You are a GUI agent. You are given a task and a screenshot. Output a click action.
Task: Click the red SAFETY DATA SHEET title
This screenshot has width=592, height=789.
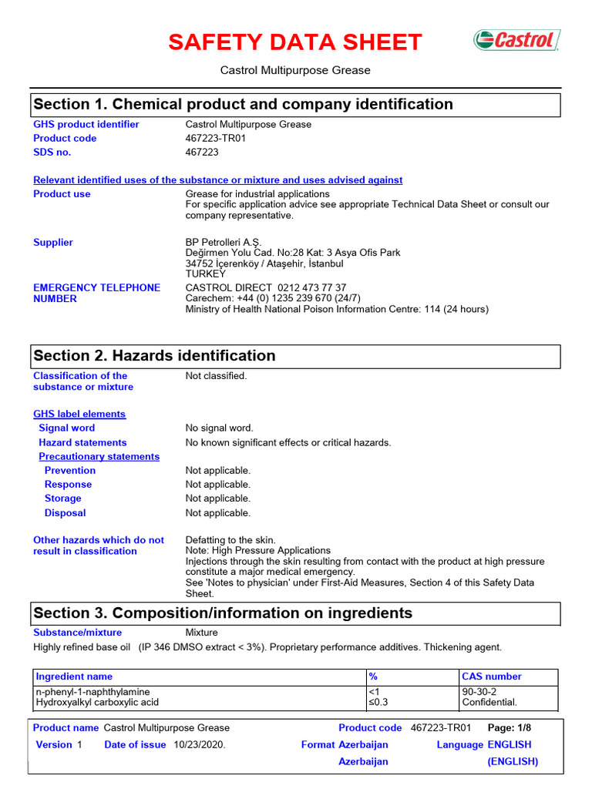tap(295, 42)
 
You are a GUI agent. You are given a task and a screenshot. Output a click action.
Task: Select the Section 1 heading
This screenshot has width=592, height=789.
tap(242, 104)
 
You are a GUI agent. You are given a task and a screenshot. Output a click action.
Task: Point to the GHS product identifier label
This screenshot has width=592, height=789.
tap(86, 124)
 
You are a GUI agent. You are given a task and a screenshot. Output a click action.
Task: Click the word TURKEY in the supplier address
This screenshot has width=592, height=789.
tap(206, 274)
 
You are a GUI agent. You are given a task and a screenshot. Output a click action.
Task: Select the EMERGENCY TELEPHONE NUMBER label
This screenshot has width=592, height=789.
tap(96, 293)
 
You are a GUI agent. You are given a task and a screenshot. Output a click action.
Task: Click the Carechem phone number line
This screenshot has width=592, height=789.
tap(273, 298)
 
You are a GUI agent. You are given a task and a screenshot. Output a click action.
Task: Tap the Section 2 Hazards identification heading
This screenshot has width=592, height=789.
tap(154, 355)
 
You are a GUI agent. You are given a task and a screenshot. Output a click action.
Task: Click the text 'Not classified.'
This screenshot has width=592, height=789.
tap(216, 376)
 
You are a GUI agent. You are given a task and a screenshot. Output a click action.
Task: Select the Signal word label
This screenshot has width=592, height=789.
tap(67, 428)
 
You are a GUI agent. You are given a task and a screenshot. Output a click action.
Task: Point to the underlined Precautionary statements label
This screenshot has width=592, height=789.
tap(99, 456)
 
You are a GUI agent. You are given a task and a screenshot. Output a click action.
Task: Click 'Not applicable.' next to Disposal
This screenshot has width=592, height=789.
tap(217, 513)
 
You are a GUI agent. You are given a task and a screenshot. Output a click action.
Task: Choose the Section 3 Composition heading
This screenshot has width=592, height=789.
tap(223, 613)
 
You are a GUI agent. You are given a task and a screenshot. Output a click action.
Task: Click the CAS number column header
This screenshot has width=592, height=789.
tap(492, 677)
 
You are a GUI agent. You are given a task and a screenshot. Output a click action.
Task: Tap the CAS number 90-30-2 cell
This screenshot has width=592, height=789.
tap(479, 692)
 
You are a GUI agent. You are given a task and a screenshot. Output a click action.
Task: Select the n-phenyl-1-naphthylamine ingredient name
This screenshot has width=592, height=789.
tap(93, 692)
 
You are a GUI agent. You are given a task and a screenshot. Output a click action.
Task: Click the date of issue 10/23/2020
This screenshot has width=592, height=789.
tap(200, 744)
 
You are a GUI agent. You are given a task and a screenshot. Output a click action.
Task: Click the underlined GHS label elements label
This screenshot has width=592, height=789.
tap(79, 414)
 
